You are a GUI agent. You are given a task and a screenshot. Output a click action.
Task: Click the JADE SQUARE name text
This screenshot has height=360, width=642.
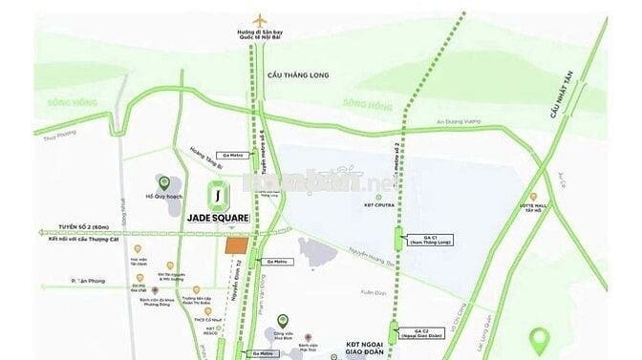pyautogui.click(x=218, y=218)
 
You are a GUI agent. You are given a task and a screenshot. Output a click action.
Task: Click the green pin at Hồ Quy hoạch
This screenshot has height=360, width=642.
pyautogui.click(x=163, y=181)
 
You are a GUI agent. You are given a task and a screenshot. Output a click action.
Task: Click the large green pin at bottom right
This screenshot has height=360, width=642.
pyautogui.click(x=541, y=338)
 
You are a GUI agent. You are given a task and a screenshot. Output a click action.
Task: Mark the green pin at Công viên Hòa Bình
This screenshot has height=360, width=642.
pyautogui.click(x=280, y=321)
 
